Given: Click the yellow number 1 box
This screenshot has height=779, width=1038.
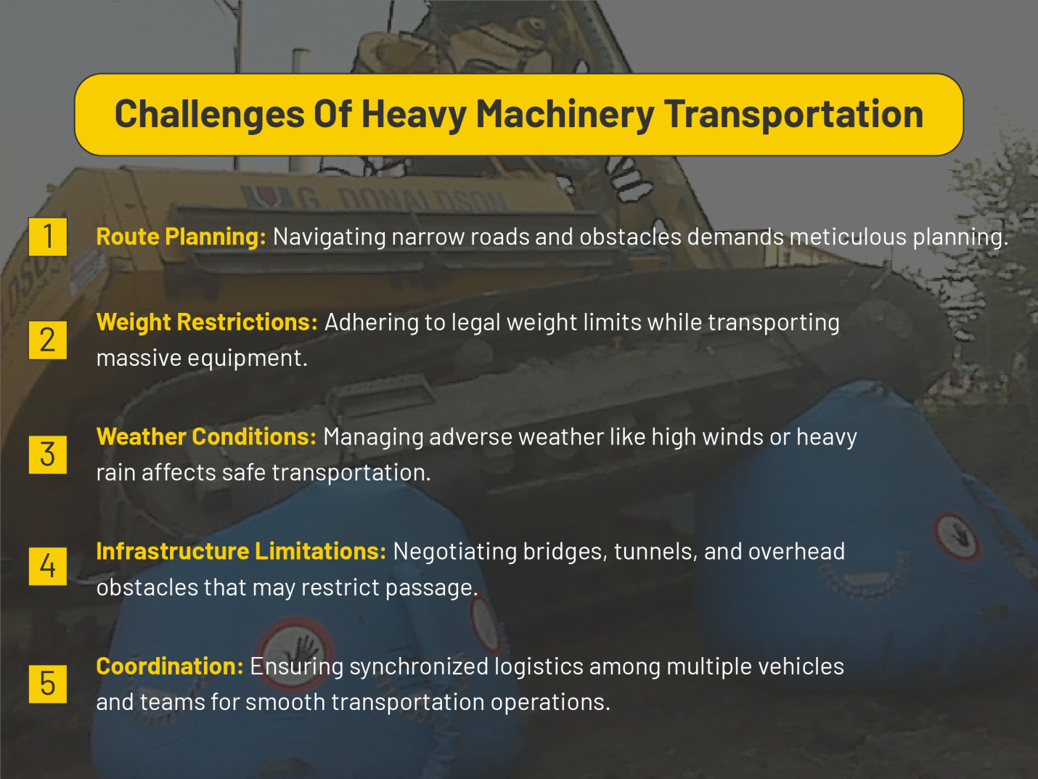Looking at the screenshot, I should click(x=48, y=237).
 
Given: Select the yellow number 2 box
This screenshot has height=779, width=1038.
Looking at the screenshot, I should click(x=48, y=340).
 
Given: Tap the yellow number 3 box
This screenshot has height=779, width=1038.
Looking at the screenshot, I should click(x=48, y=454).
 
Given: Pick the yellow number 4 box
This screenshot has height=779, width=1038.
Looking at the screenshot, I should click(x=48, y=566).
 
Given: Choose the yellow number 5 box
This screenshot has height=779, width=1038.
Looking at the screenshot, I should click(x=48, y=684).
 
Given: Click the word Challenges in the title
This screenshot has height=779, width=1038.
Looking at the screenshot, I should click(x=209, y=115).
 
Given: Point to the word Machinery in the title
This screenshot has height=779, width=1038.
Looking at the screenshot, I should click(x=565, y=115).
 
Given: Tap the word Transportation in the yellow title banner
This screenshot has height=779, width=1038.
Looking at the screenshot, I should click(x=793, y=115).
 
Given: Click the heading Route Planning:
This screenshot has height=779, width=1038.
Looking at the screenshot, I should click(x=181, y=237).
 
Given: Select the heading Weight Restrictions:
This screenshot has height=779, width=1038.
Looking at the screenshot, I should click(x=207, y=322).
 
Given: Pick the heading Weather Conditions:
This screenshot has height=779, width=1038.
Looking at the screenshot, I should click(x=206, y=437).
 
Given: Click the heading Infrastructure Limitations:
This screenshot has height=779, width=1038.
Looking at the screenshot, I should click(x=241, y=552).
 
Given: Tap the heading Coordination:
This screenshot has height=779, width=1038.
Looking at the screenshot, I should click(x=170, y=666).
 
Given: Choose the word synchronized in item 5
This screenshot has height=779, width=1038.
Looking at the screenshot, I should click(x=417, y=666).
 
